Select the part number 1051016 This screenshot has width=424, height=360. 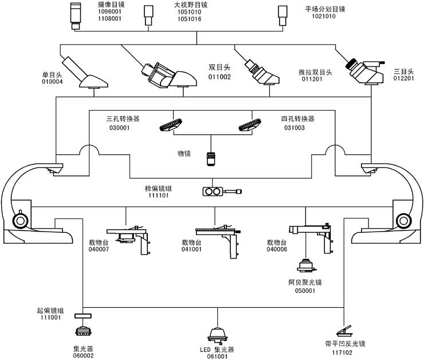[189, 19]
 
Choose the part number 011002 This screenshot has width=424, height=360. [219, 77]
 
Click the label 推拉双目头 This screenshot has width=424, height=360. [315, 72]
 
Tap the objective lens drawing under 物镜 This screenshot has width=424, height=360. [212, 158]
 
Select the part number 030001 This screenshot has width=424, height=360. [119, 128]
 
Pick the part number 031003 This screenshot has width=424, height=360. [295, 128]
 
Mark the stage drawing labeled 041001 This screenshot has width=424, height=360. [218, 236]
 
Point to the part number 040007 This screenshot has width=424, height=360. [99, 249]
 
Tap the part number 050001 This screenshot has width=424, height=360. [306, 291]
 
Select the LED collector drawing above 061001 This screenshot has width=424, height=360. [218, 334]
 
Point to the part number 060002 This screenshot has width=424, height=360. [83, 355]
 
